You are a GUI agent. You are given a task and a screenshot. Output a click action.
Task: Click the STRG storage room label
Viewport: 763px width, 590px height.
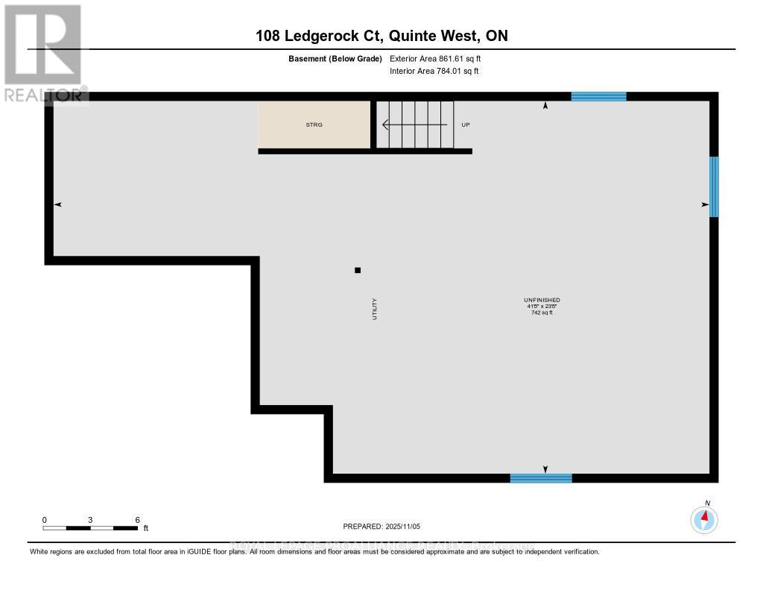click(x=314, y=125)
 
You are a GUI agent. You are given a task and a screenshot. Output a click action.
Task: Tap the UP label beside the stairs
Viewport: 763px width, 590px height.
click(x=466, y=125)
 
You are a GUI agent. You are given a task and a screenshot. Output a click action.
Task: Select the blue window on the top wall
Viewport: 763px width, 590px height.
click(x=598, y=96)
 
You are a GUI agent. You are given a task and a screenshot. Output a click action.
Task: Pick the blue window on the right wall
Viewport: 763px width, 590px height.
click(x=714, y=186)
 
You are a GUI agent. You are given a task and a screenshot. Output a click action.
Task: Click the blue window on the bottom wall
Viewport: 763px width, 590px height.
click(x=541, y=478)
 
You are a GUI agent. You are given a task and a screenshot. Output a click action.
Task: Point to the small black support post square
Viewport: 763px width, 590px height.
click(x=358, y=270)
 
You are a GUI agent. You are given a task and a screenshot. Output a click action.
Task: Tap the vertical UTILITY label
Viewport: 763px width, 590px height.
click(x=375, y=309)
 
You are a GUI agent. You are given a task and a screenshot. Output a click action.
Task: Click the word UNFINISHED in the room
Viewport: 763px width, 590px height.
click(x=542, y=300)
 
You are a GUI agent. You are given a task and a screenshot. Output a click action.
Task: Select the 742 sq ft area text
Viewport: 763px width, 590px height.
click(x=542, y=313)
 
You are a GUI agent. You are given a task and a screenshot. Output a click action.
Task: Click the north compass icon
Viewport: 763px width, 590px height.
click(x=705, y=518)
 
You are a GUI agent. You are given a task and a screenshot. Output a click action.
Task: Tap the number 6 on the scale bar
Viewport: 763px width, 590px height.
click(x=137, y=519)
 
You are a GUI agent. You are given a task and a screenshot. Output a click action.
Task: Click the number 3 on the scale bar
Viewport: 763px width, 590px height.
click(x=90, y=519)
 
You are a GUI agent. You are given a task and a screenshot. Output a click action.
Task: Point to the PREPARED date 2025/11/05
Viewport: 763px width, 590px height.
click(x=381, y=526)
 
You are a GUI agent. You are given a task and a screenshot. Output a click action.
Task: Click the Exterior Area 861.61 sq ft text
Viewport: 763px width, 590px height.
click(x=440, y=58)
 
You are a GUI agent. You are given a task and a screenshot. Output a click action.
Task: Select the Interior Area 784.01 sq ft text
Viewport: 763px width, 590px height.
click(x=434, y=71)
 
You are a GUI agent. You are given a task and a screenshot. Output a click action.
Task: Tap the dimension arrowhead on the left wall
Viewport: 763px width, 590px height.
click(x=57, y=204)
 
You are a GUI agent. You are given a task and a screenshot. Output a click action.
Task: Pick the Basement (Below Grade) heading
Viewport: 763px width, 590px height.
click(x=335, y=58)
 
